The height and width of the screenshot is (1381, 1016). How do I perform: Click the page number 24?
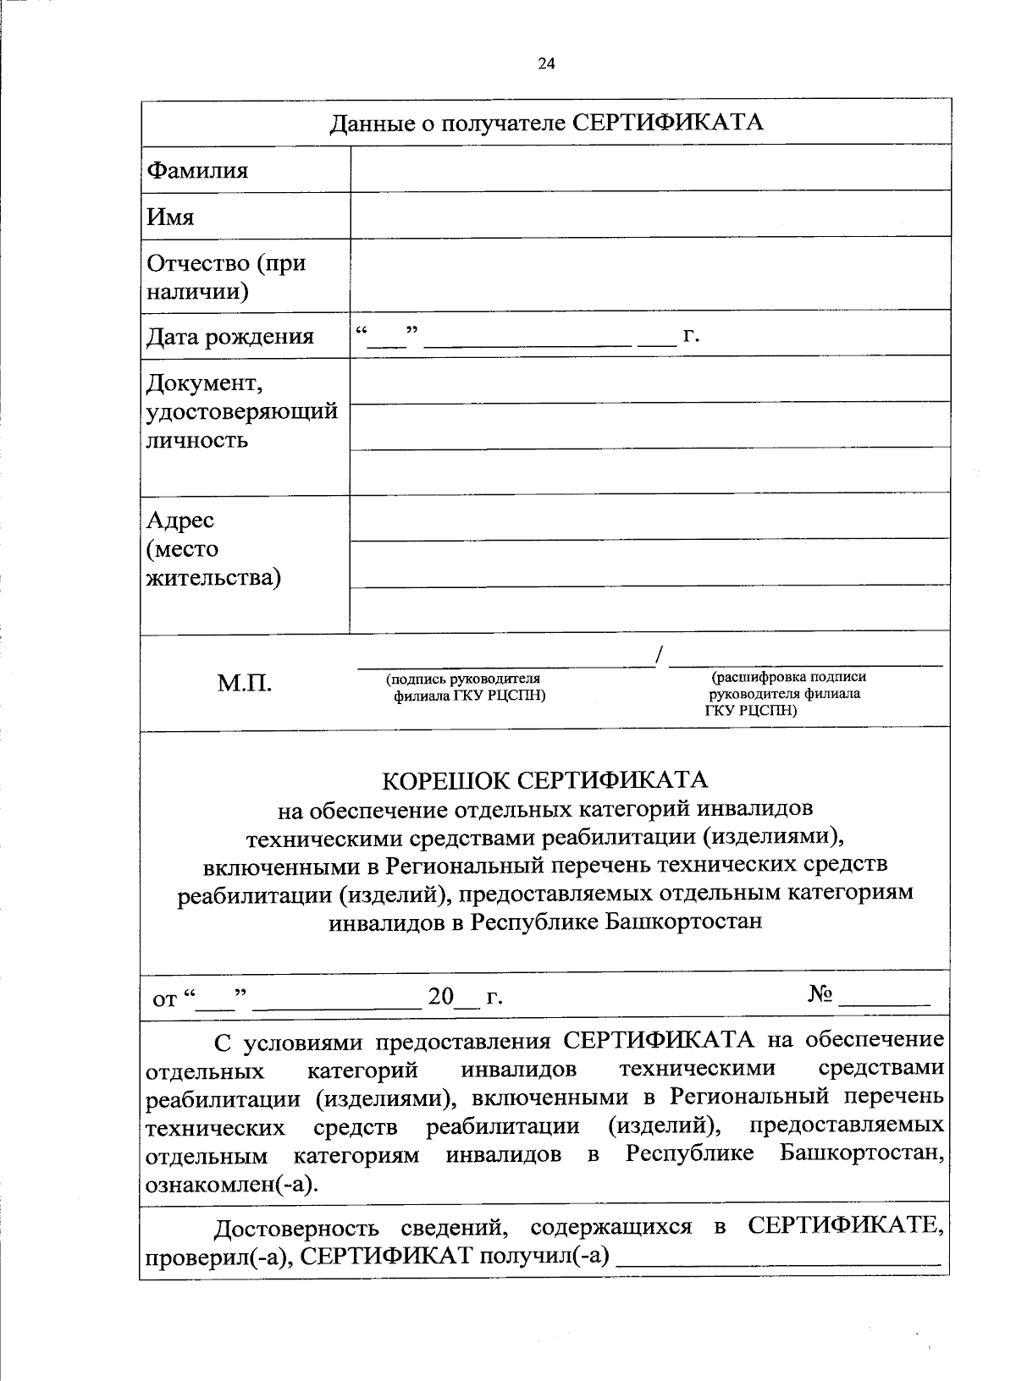coord(545,62)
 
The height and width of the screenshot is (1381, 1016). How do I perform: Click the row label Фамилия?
coord(197,170)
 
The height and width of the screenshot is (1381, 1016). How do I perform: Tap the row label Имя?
coord(170,217)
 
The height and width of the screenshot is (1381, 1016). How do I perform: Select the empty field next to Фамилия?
coord(650,168)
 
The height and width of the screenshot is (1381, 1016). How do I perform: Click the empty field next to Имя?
coord(650,214)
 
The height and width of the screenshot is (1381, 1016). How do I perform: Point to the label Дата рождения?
coord(229,337)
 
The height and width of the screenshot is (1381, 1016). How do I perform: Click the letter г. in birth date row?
coord(691,335)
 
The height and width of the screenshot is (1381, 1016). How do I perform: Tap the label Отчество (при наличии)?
coord(226,277)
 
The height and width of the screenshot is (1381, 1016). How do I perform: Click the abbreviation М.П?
coord(244,683)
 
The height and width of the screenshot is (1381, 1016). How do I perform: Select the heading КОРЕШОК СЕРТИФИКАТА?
coord(545,779)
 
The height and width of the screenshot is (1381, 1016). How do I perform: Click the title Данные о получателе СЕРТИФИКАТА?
coord(546,123)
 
